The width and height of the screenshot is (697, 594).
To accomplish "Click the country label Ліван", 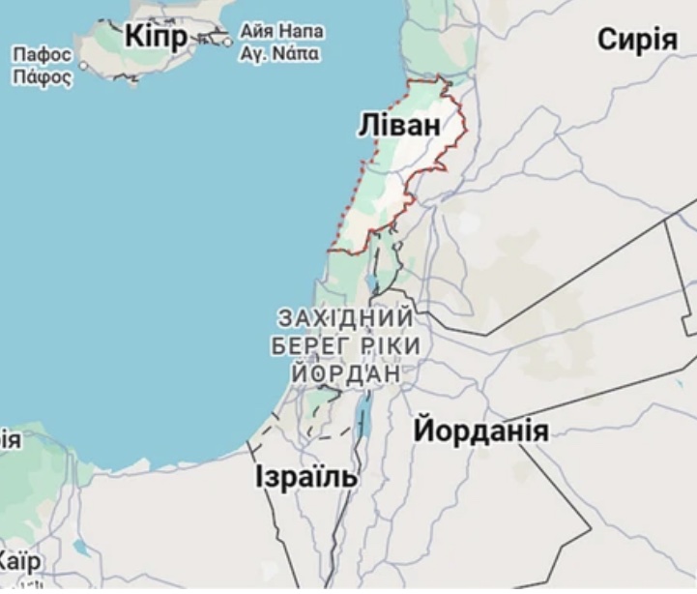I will [x=397, y=125].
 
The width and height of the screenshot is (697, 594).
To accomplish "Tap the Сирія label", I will [x=637, y=40].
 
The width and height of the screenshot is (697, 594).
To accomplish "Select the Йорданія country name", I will [x=480, y=431].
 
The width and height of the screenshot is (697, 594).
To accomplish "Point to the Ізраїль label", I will [x=306, y=476].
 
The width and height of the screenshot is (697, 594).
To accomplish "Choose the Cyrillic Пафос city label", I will [x=42, y=55].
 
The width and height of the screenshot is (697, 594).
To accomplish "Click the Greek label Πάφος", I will [x=42, y=75].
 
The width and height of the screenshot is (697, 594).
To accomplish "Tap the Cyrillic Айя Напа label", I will [x=282, y=31].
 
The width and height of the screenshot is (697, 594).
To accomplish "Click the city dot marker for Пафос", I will [x=84, y=66].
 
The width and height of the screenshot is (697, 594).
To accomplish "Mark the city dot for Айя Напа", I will [x=227, y=41].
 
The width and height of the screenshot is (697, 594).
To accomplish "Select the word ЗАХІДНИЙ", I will [x=345, y=318].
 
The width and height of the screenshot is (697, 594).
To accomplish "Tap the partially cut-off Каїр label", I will [x=18, y=561].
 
